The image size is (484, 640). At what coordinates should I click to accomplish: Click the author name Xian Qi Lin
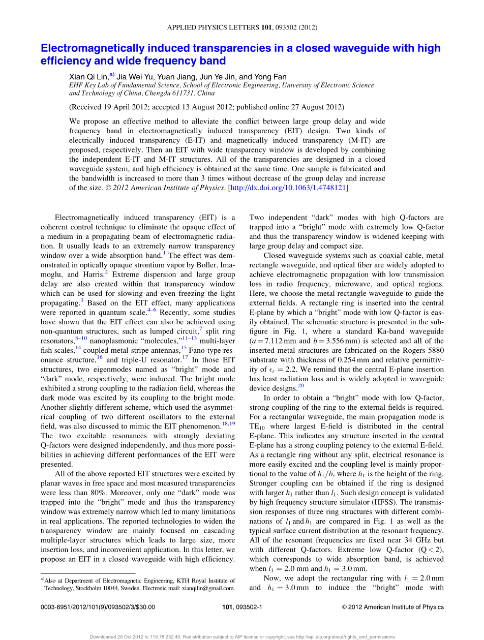tap(88, 77)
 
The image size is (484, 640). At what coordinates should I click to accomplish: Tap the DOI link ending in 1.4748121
tap(288, 188)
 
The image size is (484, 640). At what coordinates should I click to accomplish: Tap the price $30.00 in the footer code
tap(145, 607)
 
